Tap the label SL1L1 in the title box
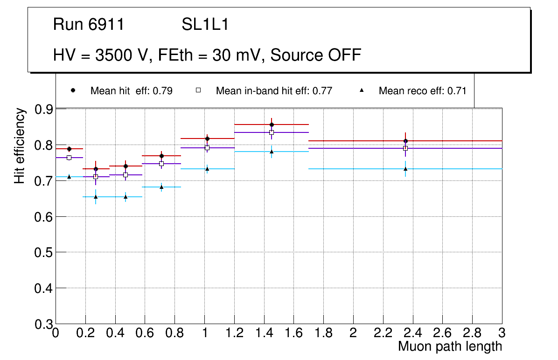tap(205, 25)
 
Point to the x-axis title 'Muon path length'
tap(450, 346)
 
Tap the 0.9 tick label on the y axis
tap(44, 110)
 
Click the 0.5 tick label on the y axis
tap(44, 253)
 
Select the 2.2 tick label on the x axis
tap(383, 333)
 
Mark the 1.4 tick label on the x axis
tap(264, 333)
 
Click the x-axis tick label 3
tap(502, 333)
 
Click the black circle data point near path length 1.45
tap(272, 125)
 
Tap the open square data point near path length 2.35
tap(405, 148)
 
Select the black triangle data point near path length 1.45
tap(272, 151)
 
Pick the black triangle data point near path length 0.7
tap(161, 187)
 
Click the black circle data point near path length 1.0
tap(207, 138)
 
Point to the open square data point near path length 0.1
tap(69, 158)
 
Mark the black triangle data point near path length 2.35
tap(405, 169)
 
